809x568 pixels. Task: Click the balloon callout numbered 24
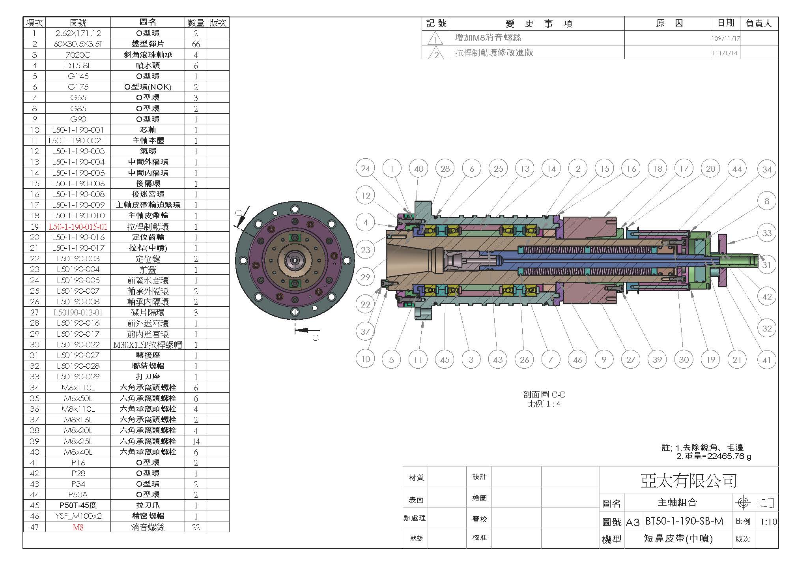(x=366, y=169)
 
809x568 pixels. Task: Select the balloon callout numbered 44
(x=737, y=169)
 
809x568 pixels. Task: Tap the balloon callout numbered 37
(x=365, y=332)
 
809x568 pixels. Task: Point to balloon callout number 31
(x=766, y=265)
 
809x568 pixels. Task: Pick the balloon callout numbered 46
(x=577, y=360)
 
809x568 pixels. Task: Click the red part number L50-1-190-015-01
(x=78, y=227)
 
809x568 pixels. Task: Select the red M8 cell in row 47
(x=78, y=527)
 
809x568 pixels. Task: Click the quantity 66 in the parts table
(x=196, y=44)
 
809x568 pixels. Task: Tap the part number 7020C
(x=78, y=55)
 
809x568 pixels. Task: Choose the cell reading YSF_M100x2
(x=78, y=516)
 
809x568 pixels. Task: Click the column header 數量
(x=196, y=22)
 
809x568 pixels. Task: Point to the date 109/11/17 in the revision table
(x=726, y=39)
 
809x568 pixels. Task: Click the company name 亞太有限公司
(x=688, y=480)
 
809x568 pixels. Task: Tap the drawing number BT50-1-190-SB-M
(x=684, y=521)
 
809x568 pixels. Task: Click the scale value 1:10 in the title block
(x=768, y=522)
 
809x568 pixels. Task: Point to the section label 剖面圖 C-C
(x=544, y=394)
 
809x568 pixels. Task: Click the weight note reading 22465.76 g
(x=729, y=456)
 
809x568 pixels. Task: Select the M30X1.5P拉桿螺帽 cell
(x=148, y=345)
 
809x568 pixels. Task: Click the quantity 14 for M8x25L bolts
(x=196, y=441)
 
